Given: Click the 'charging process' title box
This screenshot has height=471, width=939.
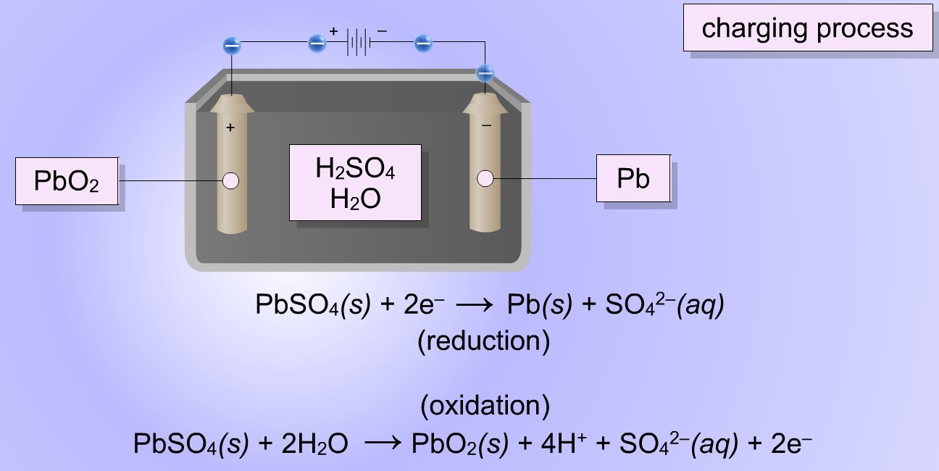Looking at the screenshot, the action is tap(808, 28).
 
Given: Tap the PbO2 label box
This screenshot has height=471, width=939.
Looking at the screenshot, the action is tap(67, 181).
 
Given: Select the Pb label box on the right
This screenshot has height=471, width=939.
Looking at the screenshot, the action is tap(633, 178).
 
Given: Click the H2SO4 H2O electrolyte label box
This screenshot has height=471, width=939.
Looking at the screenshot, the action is tap(355, 183).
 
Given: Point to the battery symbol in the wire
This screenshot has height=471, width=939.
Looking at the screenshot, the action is tap(359, 42).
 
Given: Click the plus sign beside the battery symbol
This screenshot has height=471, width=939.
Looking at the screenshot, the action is tap(333, 31).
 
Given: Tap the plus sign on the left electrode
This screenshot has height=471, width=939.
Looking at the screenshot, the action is tap(230, 128).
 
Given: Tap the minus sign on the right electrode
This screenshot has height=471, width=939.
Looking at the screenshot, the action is tap(486, 125).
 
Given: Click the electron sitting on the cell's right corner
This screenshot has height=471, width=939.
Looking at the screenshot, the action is tap(485, 73).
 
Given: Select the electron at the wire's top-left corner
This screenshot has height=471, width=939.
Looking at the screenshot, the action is tap(232, 46).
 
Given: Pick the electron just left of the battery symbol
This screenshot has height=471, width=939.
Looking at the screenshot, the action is tap(317, 43).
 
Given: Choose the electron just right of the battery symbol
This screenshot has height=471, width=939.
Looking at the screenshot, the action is tap(423, 43).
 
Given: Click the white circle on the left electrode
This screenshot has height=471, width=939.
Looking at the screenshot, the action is tap(230, 181).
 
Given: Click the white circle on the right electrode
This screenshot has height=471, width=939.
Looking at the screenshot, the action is tap(485, 178).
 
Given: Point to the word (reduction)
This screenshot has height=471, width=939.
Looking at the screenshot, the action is tap(484, 341).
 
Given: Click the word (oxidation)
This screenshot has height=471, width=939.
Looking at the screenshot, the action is tap(485, 406).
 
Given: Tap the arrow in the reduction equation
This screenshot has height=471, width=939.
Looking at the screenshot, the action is tap(474, 305).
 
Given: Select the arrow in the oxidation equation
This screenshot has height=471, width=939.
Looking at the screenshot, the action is tap(383, 443).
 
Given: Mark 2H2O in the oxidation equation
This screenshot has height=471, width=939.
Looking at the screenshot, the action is tap(314, 443).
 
